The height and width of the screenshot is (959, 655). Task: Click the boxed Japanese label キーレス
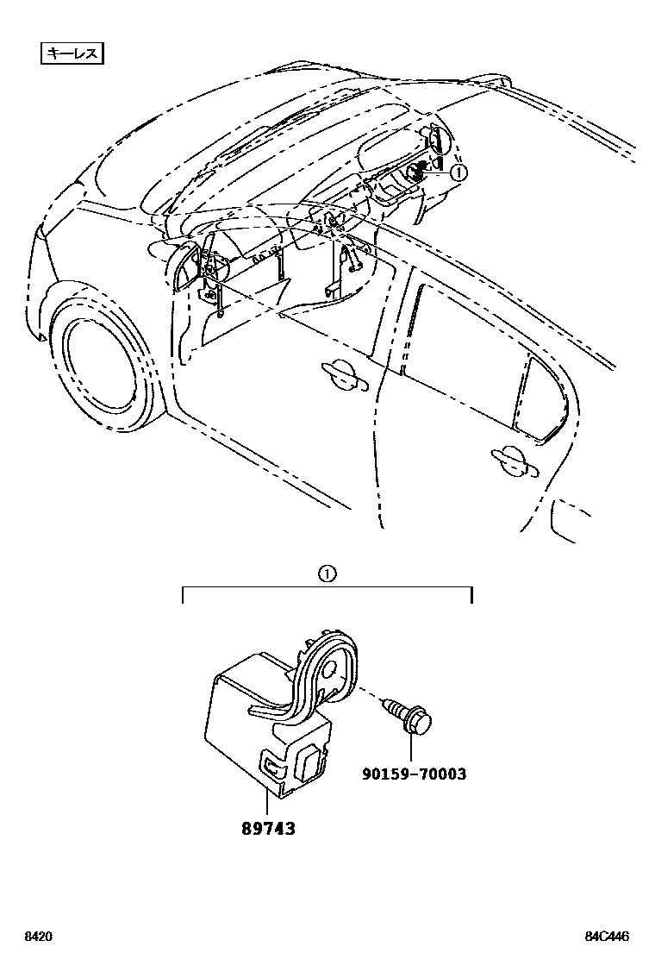click(x=73, y=53)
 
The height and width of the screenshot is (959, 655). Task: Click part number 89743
click(x=268, y=828)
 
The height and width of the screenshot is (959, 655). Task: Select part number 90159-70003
click(x=414, y=774)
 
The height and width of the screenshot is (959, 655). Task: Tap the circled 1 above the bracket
click(x=327, y=574)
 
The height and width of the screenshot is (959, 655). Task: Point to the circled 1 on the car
click(x=458, y=172)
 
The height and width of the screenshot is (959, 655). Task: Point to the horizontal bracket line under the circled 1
click(x=327, y=590)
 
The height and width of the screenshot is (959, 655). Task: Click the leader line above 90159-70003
click(x=411, y=749)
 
